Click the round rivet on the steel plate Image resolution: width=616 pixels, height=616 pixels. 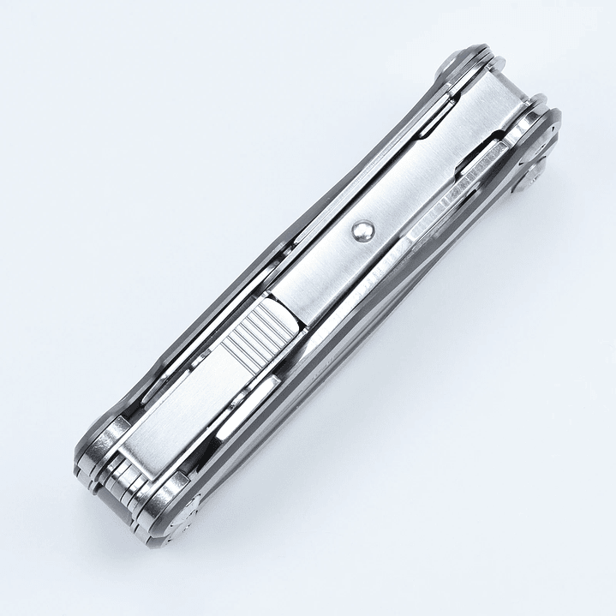click(361, 229)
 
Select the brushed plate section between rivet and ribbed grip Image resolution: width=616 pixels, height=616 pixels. click(321, 274)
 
